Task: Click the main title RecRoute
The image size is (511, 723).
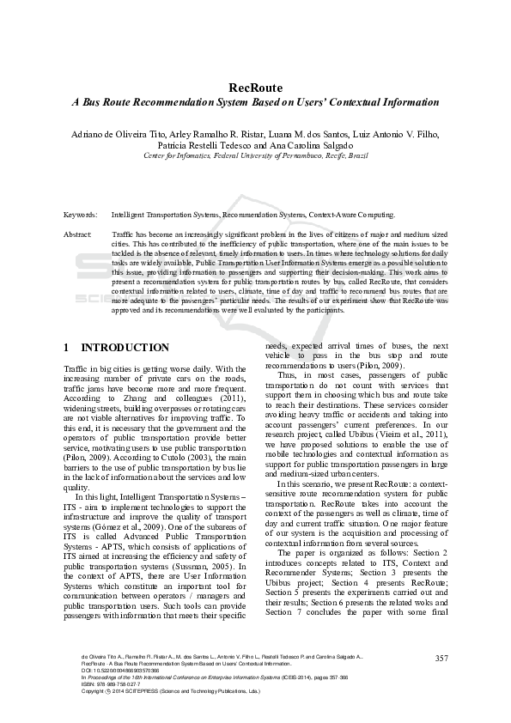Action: pos(255,88)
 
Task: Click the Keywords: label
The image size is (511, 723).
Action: pos(80,215)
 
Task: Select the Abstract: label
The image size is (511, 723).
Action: pos(78,234)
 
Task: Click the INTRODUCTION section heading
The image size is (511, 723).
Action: pos(125,348)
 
